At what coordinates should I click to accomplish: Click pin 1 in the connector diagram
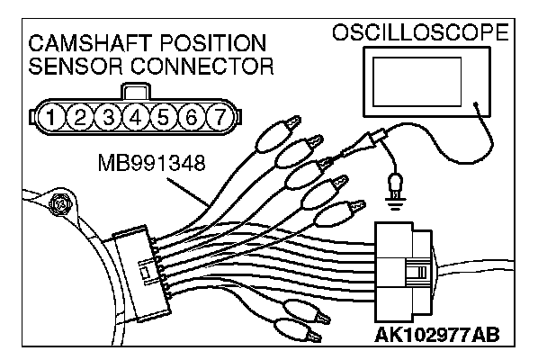[54, 116]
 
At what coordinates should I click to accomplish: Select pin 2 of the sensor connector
[82, 116]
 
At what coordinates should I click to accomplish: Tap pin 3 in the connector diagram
[110, 116]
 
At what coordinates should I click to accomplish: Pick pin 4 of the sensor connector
[138, 116]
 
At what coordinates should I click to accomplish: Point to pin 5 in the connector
[165, 116]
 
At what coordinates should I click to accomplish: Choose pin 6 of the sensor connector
[193, 116]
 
